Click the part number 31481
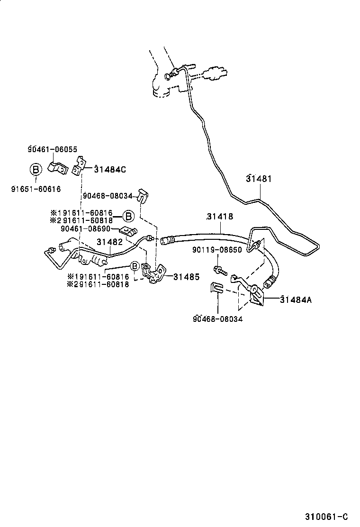[x=259, y=179]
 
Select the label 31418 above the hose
[x=220, y=217]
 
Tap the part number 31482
[x=110, y=242]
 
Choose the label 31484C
[x=109, y=169]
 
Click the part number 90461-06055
[x=52, y=149]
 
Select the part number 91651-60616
[x=36, y=189]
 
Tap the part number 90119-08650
[x=217, y=250]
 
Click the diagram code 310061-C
[x=327, y=516]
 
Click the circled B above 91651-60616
[x=36, y=169]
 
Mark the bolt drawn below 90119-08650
[x=220, y=271]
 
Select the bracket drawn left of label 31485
[x=154, y=274]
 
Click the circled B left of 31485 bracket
[x=135, y=266]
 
